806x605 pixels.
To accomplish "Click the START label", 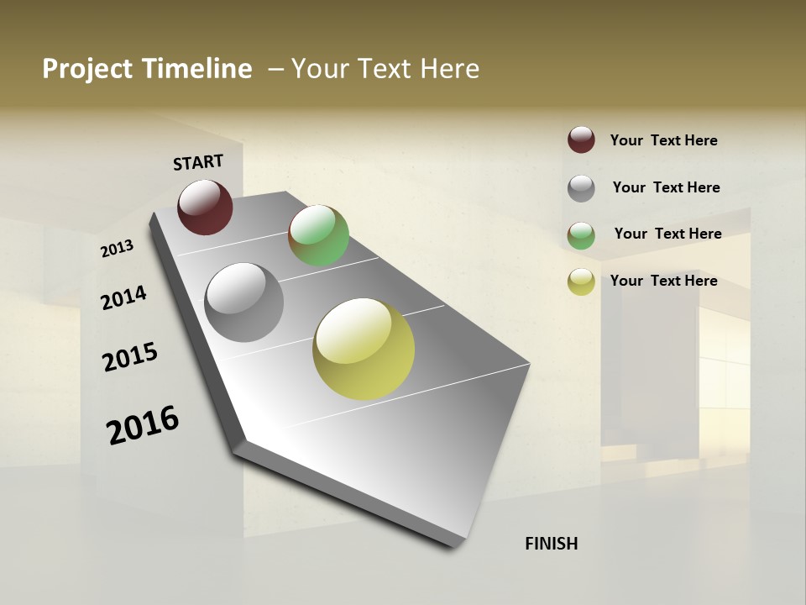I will pos(198,162).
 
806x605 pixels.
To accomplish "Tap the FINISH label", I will pos(551,544).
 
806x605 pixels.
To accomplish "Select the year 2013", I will pos(117,249).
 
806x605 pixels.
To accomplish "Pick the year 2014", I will pos(123,297).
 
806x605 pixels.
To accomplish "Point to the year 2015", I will pos(130,357).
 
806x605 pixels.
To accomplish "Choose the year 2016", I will pos(143,425).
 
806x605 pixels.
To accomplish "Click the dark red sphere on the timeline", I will pos(205,207).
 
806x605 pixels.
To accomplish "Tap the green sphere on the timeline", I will pos(318,235).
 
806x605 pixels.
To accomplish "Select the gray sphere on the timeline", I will pos(244,302).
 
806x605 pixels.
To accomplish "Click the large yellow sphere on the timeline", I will pos(364,349).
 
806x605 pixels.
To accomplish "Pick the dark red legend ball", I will pos(581,140).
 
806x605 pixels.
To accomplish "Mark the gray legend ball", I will pos(581,188).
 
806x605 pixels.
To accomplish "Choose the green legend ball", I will pos(581,235).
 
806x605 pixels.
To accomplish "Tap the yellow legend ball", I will pos(581,281).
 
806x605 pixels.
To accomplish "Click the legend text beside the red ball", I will pos(663,140).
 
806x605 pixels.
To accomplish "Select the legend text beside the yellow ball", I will pos(663,281).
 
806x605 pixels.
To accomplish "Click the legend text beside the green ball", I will pos(667,234).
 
